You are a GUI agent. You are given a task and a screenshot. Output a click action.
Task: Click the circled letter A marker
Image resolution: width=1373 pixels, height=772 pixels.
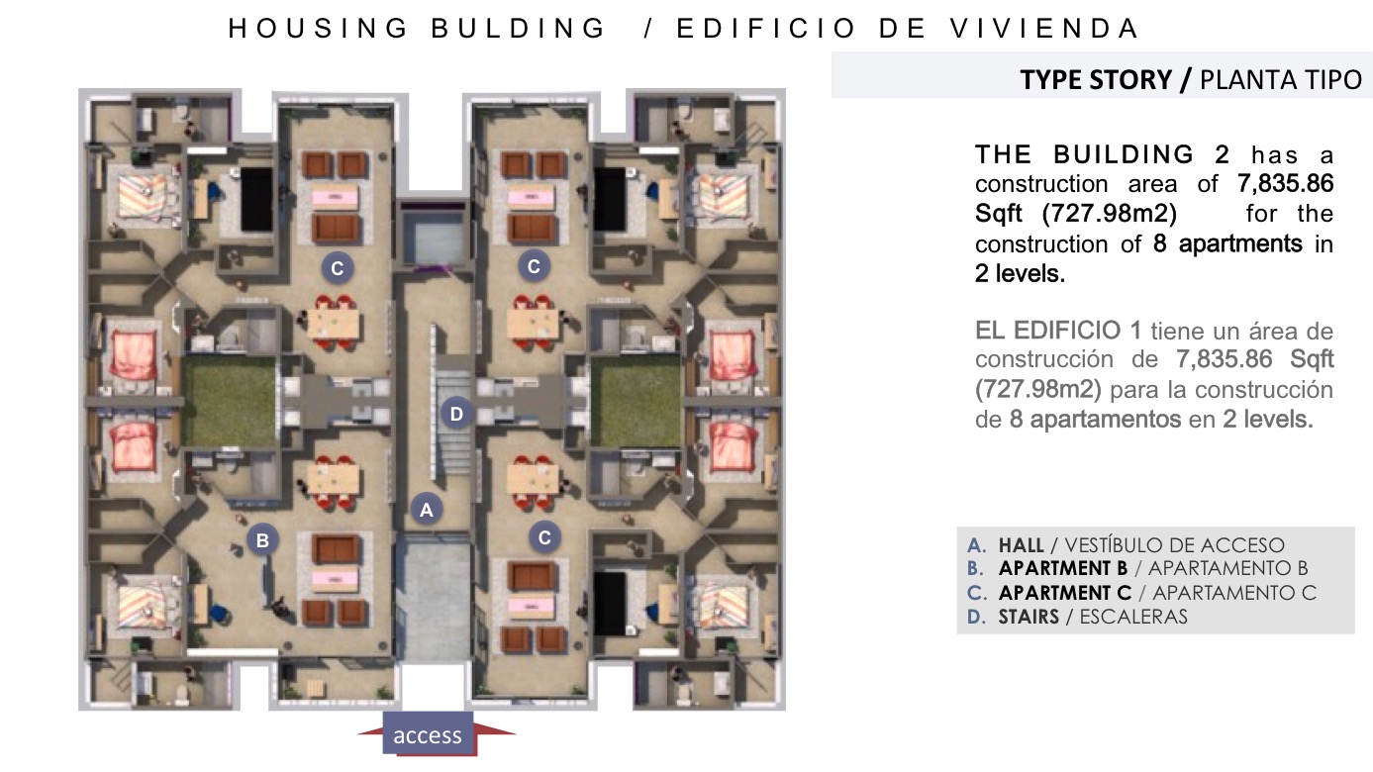[x=426, y=509]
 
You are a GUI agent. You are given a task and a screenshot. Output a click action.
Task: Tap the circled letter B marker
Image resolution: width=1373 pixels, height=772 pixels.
[x=262, y=539]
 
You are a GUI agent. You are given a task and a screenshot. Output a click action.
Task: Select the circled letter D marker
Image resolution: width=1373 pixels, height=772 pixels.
[x=456, y=414]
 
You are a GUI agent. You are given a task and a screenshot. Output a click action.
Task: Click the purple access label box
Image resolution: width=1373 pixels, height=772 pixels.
[x=428, y=733]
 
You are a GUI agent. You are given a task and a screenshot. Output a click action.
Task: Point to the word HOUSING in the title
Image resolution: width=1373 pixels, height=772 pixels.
[x=318, y=28]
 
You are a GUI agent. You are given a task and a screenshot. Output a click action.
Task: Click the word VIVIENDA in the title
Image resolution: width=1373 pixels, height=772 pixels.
[x=1044, y=28]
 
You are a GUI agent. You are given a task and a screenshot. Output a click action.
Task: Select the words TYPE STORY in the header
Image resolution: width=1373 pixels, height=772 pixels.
[x=1096, y=80]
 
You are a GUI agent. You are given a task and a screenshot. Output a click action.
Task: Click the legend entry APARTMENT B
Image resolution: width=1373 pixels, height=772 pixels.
[x=1063, y=568]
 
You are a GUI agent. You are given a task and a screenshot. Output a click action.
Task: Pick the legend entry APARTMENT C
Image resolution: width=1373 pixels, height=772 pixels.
[x=1065, y=593]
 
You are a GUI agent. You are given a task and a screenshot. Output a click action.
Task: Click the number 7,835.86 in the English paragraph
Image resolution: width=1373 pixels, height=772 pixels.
[x=1285, y=183]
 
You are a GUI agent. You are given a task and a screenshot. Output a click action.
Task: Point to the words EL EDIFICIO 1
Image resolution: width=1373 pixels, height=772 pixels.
[x=1058, y=331]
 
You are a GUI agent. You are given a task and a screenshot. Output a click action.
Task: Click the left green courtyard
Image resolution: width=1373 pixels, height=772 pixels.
[x=229, y=401]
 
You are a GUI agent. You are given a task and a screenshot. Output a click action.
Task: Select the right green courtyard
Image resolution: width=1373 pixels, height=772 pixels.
[x=636, y=401]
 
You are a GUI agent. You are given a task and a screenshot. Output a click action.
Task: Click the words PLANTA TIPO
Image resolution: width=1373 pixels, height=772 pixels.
[x=1281, y=80]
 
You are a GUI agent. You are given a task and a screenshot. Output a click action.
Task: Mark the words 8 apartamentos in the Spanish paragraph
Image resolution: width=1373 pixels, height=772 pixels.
[x=1096, y=420]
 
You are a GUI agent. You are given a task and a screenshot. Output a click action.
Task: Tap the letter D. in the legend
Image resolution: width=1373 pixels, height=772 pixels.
[x=976, y=617]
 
